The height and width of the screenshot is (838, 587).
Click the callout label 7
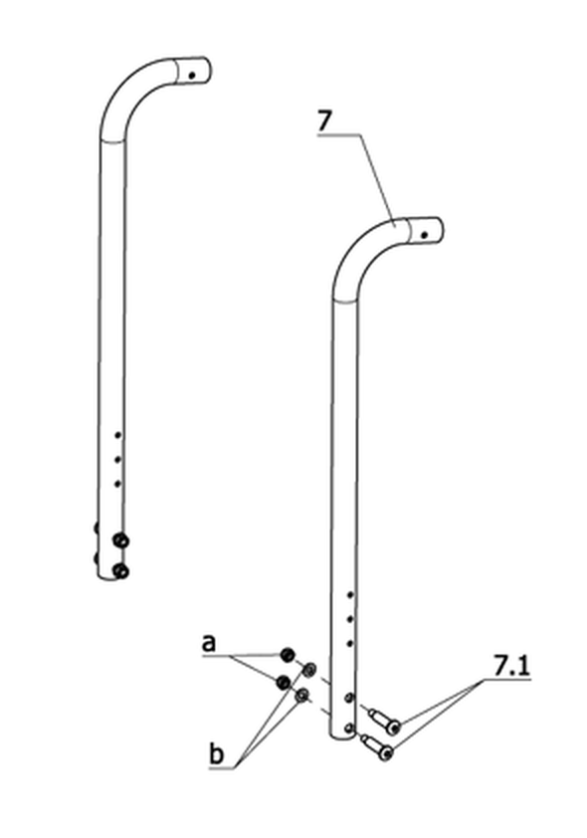(x=324, y=121)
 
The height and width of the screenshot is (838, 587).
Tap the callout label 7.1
(x=510, y=666)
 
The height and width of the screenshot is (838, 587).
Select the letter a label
(x=209, y=643)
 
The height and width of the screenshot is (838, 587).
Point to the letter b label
(x=216, y=754)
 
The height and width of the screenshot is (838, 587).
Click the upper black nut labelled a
(x=288, y=654)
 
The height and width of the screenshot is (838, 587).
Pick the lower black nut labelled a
(x=283, y=682)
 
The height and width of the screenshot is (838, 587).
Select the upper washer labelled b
(x=309, y=669)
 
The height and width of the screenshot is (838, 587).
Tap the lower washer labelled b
(x=302, y=696)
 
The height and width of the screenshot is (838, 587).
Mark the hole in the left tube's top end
(x=192, y=76)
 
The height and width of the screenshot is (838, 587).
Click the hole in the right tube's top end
(x=425, y=235)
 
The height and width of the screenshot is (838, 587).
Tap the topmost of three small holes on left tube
(x=118, y=436)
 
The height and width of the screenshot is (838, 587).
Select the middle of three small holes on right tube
(x=350, y=619)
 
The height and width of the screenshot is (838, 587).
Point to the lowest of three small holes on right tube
(x=350, y=644)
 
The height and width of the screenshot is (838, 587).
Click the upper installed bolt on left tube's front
(x=121, y=540)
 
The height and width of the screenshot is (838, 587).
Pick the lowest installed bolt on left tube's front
(x=121, y=571)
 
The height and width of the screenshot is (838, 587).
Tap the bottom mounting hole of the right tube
(x=349, y=728)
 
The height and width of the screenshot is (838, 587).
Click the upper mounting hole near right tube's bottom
(x=349, y=698)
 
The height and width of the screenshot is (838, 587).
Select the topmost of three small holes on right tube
(x=350, y=595)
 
